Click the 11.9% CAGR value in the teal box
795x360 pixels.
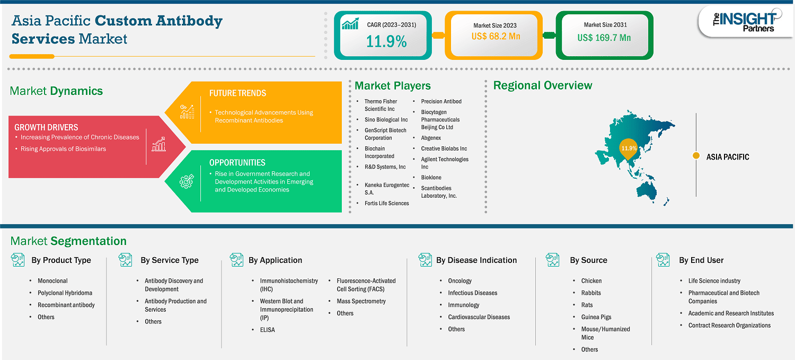pos(386,41)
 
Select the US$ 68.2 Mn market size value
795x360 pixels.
pos(496,36)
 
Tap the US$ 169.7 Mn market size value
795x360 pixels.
pos(604,38)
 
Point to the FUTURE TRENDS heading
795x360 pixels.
pos(237,93)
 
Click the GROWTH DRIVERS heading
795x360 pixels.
pos(46,127)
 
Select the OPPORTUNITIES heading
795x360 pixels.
pos(237,163)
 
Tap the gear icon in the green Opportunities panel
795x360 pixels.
pos(187,181)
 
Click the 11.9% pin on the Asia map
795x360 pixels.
pos(628,148)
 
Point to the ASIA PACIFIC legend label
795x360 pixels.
pos(728,157)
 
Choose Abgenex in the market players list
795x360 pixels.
pos(431,138)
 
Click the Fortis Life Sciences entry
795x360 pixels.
pos(386,203)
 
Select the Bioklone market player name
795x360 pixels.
pos(431,177)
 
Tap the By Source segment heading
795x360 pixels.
pos(588,260)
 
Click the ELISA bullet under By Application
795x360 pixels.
pos(267,330)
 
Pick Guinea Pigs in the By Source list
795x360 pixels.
pos(596,317)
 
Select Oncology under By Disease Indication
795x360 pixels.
pos(460,281)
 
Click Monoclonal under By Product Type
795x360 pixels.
pos(52,281)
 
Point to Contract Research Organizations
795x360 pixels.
pos(729,325)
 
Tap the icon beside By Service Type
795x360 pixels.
pos(125,260)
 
